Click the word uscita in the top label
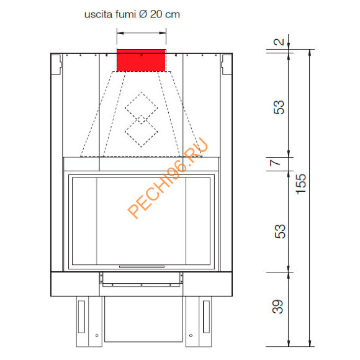[97, 14]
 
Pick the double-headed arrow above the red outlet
[141, 34]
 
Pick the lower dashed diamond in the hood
[141, 132]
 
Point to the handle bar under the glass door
[142, 266]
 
